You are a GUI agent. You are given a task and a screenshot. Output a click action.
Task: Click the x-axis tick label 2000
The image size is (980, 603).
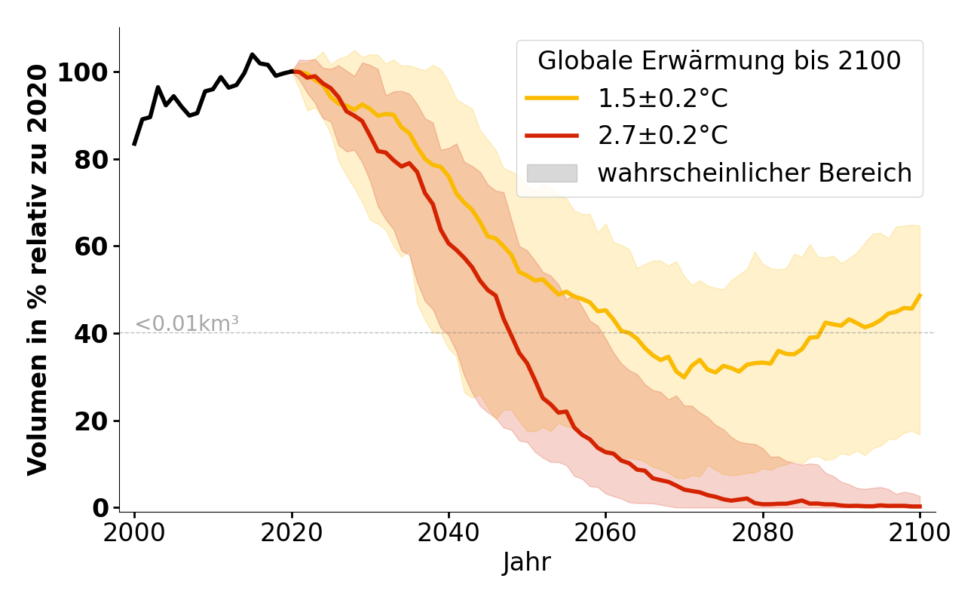134,533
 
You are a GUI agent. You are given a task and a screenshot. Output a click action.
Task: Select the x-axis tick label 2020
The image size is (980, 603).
291,533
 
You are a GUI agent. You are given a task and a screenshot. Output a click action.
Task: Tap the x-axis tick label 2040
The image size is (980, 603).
449,533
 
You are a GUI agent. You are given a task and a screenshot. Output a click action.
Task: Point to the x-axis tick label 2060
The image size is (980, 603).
605,533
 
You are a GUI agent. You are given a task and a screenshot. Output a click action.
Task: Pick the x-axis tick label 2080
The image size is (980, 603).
763,533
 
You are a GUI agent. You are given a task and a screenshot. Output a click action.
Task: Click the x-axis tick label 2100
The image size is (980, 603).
920,533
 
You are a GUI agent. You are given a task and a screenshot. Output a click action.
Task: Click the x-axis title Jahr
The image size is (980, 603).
526,563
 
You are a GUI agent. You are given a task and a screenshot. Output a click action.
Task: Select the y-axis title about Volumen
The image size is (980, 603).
38,270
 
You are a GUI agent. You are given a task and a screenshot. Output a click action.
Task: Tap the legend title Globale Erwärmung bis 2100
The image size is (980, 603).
719,61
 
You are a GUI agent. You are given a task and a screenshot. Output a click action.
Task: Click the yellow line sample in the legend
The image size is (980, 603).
552,98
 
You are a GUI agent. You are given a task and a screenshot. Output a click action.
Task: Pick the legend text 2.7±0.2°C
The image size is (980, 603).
663,136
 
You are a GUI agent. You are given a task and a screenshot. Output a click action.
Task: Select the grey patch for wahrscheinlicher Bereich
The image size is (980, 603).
552,173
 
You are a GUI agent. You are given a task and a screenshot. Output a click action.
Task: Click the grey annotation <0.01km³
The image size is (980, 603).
186,324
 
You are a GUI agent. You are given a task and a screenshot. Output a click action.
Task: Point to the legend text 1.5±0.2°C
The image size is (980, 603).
663,98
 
